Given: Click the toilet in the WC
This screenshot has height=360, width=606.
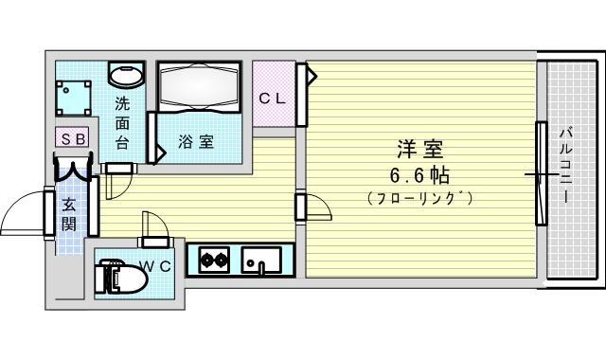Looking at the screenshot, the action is (120, 277).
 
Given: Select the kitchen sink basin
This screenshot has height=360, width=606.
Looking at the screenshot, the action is (261, 260).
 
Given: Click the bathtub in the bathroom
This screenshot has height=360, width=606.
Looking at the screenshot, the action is (199, 86).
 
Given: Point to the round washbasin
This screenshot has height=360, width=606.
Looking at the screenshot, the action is (126, 74).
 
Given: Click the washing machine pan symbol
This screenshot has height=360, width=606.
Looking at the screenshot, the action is (73, 99).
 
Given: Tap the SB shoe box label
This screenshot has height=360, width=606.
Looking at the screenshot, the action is (73, 138).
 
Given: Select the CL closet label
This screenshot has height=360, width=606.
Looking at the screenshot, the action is (272, 99).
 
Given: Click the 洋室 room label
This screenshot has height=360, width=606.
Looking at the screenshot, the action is (420, 150).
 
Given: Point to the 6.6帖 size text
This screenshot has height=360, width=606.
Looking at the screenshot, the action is (419, 176).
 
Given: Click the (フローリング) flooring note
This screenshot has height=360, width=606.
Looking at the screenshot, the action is (420, 198).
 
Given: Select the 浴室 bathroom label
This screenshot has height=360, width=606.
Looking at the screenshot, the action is (196, 142).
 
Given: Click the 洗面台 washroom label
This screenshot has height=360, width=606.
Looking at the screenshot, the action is (122, 124).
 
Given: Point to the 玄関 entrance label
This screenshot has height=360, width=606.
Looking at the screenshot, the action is (69, 214).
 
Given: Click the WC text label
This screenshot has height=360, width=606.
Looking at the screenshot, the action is (155, 267).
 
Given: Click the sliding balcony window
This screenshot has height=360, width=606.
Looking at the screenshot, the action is (542, 173).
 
